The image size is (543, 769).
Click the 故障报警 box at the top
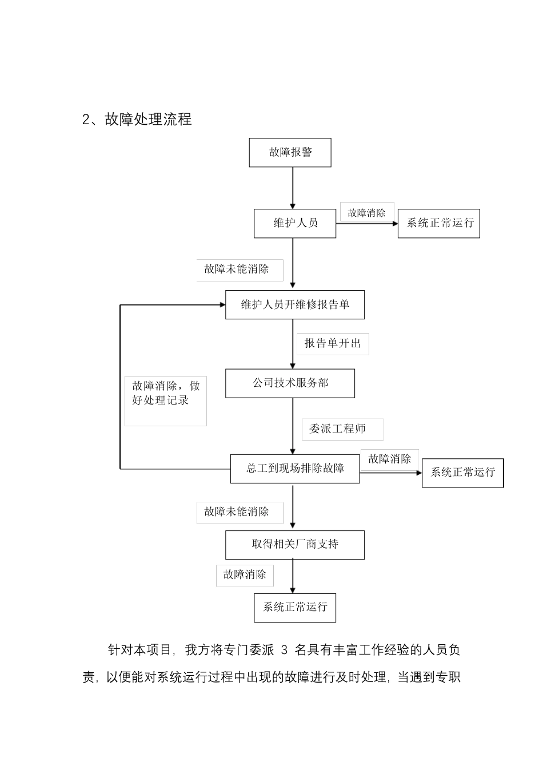pyautogui.click(x=290, y=152)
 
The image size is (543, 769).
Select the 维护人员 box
pyautogui.click(x=295, y=223)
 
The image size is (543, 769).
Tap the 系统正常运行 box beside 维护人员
pyautogui.click(x=439, y=223)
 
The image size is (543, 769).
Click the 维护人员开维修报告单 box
pyautogui.click(x=295, y=304)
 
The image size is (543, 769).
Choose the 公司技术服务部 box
pyautogui.click(x=290, y=383)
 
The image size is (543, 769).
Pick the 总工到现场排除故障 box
pyautogui.click(x=295, y=469)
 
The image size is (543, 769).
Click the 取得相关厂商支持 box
pyautogui.click(x=295, y=544)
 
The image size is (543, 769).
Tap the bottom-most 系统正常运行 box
pyautogui.click(x=295, y=607)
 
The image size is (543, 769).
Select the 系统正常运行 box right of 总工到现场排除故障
pyautogui.click(x=462, y=473)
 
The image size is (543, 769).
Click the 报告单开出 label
pyautogui.click(x=333, y=343)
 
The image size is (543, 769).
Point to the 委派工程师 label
pyautogui.click(x=342, y=429)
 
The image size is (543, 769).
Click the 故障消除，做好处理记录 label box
pyautogui.click(x=166, y=400)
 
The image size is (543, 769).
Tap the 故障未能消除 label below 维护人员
pyautogui.click(x=239, y=269)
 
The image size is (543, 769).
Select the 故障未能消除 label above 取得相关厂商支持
pyautogui.click(x=239, y=512)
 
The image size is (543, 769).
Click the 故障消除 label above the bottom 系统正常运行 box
pyautogui.click(x=245, y=575)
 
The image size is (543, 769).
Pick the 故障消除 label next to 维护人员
pyautogui.click(x=367, y=212)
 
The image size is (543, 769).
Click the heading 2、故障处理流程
pyautogui.click(x=137, y=120)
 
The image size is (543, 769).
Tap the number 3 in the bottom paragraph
pyautogui.click(x=286, y=650)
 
